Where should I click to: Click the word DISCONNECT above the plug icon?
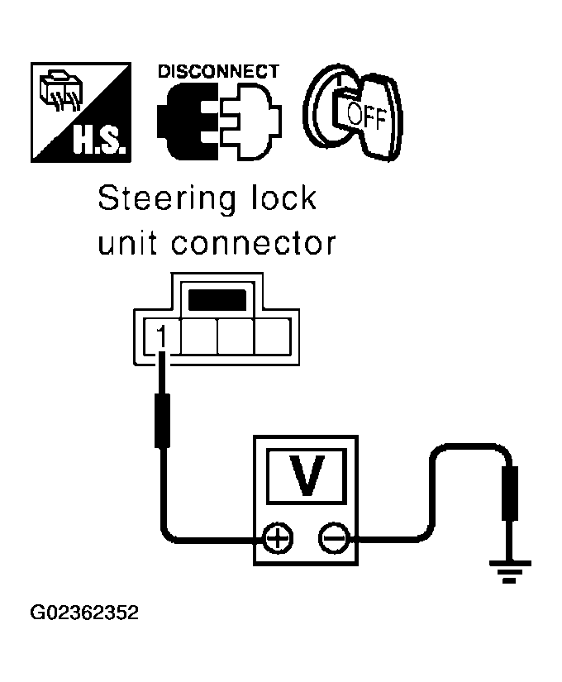tap(218, 71)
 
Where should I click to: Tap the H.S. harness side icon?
tap(80, 112)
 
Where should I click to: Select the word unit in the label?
tap(126, 244)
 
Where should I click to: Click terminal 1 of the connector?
tap(162, 337)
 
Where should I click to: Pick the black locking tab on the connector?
tap(217, 299)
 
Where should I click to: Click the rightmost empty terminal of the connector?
tap(272, 337)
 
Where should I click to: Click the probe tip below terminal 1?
tap(163, 422)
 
